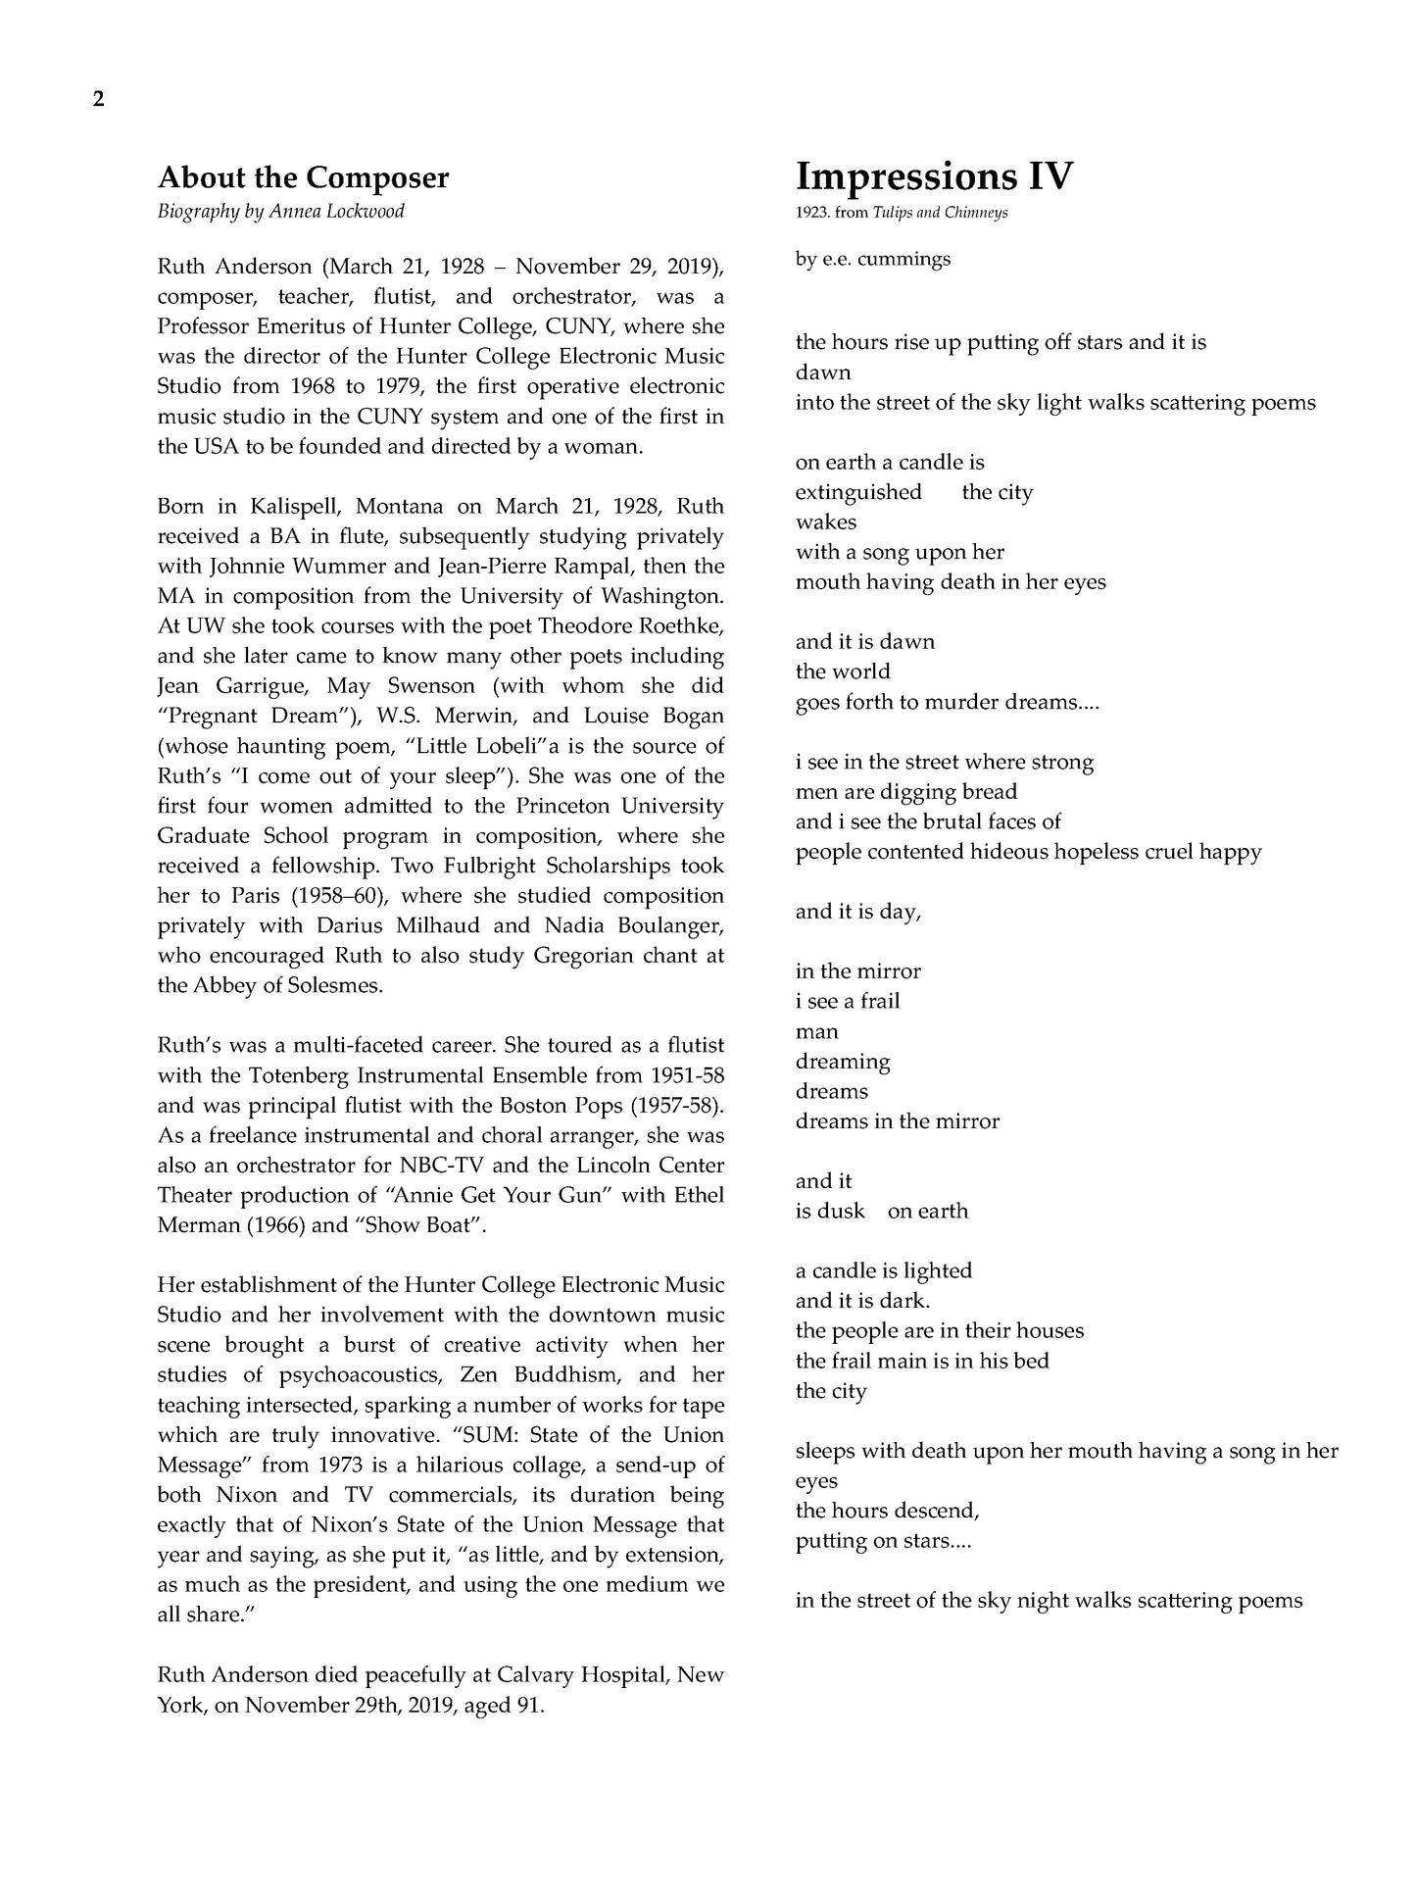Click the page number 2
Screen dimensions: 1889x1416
coord(98,99)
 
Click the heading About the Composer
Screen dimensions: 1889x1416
coord(303,178)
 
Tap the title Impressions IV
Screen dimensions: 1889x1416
coord(934,176)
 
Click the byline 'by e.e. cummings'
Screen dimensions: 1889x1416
coord(872,260)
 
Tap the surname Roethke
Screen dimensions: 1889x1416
coord(681,626)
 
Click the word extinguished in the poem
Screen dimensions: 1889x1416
coord(858,492)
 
